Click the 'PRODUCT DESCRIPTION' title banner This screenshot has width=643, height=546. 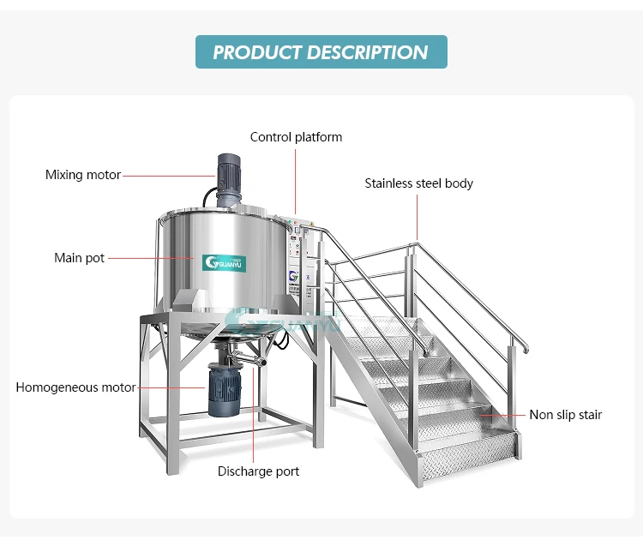321,51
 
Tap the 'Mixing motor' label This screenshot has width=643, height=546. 83,175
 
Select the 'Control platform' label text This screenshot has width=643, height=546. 296,137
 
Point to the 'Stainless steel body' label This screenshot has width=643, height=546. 418,183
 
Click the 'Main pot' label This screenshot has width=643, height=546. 79,258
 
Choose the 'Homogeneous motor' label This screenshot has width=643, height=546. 75,387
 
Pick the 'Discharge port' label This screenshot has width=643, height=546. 258,471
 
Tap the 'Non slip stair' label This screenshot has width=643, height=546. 565,415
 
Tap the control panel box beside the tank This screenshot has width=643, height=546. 297,257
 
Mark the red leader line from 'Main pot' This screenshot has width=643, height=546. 150,257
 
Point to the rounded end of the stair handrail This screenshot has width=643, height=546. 525,349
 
